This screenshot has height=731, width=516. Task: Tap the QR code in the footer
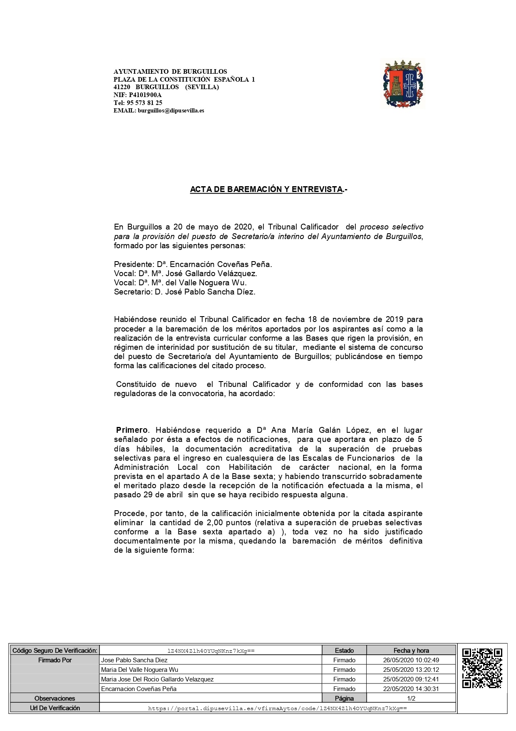[x=482, y=668]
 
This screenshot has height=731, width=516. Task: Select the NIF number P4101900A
[x=145, y=95]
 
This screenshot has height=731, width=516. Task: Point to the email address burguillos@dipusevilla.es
[x=171, y=111]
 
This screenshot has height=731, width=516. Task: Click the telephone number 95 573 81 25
[x=144, y=103]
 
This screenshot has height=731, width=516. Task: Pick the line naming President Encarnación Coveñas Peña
[x=193, y=264]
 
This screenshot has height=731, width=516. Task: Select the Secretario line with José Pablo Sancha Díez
[x=184, y=292]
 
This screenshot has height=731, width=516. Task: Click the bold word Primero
[x=131, y=430]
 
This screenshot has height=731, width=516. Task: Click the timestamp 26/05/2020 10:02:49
[x=411, y=660]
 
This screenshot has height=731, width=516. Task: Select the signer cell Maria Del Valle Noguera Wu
[x=140, y=670]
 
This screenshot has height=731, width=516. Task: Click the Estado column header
[x=344, y=651]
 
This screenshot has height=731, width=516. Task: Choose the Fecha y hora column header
[x=411, y=651]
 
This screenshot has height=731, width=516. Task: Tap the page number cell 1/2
[x=411, y=699]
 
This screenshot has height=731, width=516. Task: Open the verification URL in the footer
[x=277, y=708]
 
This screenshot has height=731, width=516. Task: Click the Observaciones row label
[x=55, y=699]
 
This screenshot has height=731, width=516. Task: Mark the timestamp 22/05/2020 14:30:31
[x=411, y=689]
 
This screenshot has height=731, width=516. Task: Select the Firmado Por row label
[x=55, y=660]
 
